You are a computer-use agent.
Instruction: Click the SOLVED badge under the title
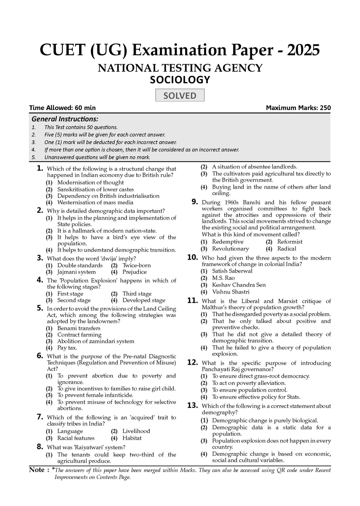[180, 96]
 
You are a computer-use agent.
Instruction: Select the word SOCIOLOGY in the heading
[180, 80]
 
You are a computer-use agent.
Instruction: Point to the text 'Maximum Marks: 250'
[298, 108]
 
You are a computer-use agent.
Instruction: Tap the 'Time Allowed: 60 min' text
[62, 108]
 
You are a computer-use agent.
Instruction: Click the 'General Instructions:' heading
[65, 119]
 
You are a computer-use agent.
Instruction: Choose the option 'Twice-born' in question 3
[136, 265]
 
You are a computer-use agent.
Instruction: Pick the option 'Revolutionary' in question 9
[230, 249]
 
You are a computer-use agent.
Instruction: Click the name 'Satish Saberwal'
[232, 271]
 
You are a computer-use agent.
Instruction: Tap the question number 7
[40, 417]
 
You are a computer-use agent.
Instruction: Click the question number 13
[193, 406]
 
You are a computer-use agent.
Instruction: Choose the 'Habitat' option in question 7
[132, 438]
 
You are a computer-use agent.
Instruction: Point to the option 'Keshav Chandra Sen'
[239, 285]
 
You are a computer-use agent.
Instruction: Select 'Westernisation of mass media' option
[95, 202]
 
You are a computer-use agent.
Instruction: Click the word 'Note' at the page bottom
[37, 470]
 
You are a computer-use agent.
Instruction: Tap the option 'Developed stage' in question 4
[144, 300]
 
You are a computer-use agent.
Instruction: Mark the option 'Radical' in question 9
[287, 249]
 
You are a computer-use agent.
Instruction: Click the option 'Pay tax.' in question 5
[67, 348]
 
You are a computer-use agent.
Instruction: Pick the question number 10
[193, 258]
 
